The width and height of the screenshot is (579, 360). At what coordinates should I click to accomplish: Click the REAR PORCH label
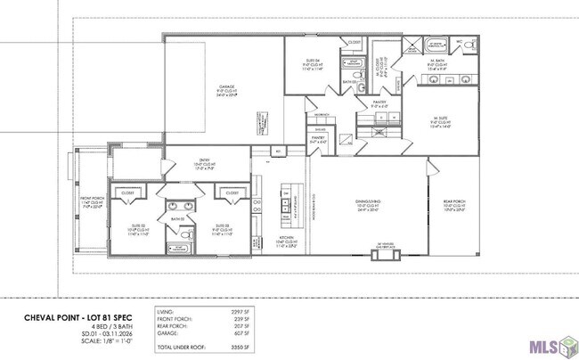454,202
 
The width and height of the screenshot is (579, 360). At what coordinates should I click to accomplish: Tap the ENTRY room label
200,161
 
